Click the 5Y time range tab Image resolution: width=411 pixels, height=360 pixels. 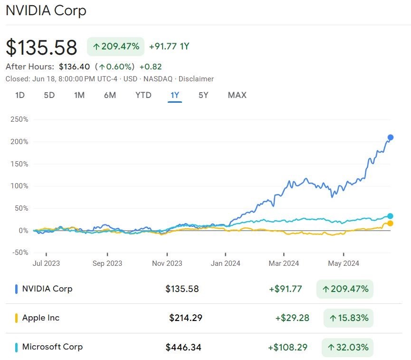point(203,95)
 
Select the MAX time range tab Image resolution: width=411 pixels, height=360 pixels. point(237,95)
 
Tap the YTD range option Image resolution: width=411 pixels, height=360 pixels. point(143,95)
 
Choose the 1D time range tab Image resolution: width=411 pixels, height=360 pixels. point(20,95)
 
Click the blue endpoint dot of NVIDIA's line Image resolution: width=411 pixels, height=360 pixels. point(391,137)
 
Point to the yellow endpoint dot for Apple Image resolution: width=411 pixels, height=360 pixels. point(391,223)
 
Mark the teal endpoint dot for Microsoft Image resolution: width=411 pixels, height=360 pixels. point(391,216)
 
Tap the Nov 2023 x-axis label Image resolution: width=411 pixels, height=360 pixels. point(167,263)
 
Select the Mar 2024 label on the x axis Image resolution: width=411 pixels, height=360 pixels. point(284,263)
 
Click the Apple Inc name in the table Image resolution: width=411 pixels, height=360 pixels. point(41,318)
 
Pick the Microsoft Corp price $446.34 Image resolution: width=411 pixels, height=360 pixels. point(183,347)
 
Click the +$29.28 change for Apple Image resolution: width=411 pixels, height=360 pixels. point(292,318)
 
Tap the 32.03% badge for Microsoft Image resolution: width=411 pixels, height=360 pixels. point(347,347)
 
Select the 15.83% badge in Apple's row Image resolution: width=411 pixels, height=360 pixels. point(348,318)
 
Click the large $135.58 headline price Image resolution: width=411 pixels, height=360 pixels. point(41,48)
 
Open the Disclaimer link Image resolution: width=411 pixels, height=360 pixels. point(196,79)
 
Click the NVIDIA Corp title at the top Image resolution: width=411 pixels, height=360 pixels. point(46,10)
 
